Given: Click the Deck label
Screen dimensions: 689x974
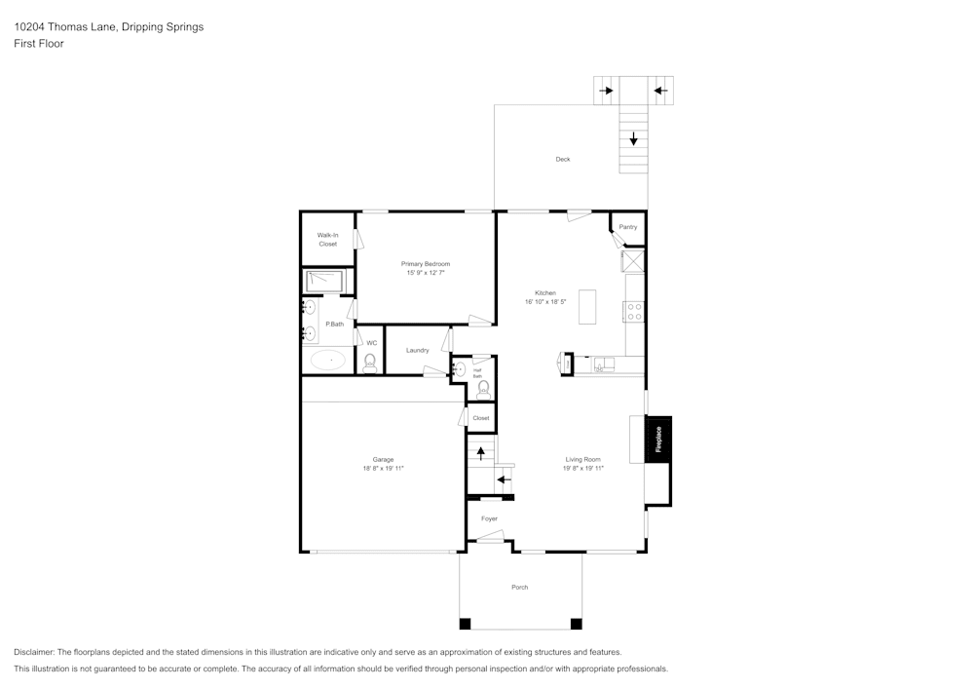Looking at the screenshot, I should [x=563, y=159].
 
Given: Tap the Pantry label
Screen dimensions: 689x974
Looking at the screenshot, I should [x=628, y=227].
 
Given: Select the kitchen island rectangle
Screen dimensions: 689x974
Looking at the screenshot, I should [x=587, y=306].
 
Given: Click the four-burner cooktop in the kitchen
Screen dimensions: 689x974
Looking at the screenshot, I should [x=634, y=311].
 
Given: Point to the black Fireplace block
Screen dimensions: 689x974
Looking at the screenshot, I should [x=658, y=440].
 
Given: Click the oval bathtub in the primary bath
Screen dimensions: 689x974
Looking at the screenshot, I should [x=329, y=361].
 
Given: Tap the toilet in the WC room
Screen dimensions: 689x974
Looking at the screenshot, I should [x=370, y=364].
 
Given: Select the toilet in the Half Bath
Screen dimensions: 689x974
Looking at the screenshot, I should [x=483, y=388].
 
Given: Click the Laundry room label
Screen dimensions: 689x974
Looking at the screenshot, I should [x=418, y=350].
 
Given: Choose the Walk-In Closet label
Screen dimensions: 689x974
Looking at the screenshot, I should [x=327, y=239].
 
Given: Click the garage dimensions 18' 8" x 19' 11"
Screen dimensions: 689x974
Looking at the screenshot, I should [x=383, y=468].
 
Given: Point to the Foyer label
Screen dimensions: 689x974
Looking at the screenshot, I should [x=489, y=518].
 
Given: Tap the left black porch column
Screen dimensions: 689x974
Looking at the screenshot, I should [x=466, y=624].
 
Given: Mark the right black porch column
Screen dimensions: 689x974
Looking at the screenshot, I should [x=576, y=624].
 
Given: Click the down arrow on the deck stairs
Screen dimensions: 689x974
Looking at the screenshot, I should [x=634, y=139].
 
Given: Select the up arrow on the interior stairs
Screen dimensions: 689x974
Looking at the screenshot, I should [x=480, y=453].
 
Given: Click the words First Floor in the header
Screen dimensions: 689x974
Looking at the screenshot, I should [x=39, y=44].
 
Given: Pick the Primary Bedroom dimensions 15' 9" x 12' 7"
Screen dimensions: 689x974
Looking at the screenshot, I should [x=426, y=273].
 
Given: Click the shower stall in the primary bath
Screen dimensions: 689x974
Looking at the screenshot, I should [x=325, y=281].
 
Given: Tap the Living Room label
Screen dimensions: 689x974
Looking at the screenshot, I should [x=583, y=459].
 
